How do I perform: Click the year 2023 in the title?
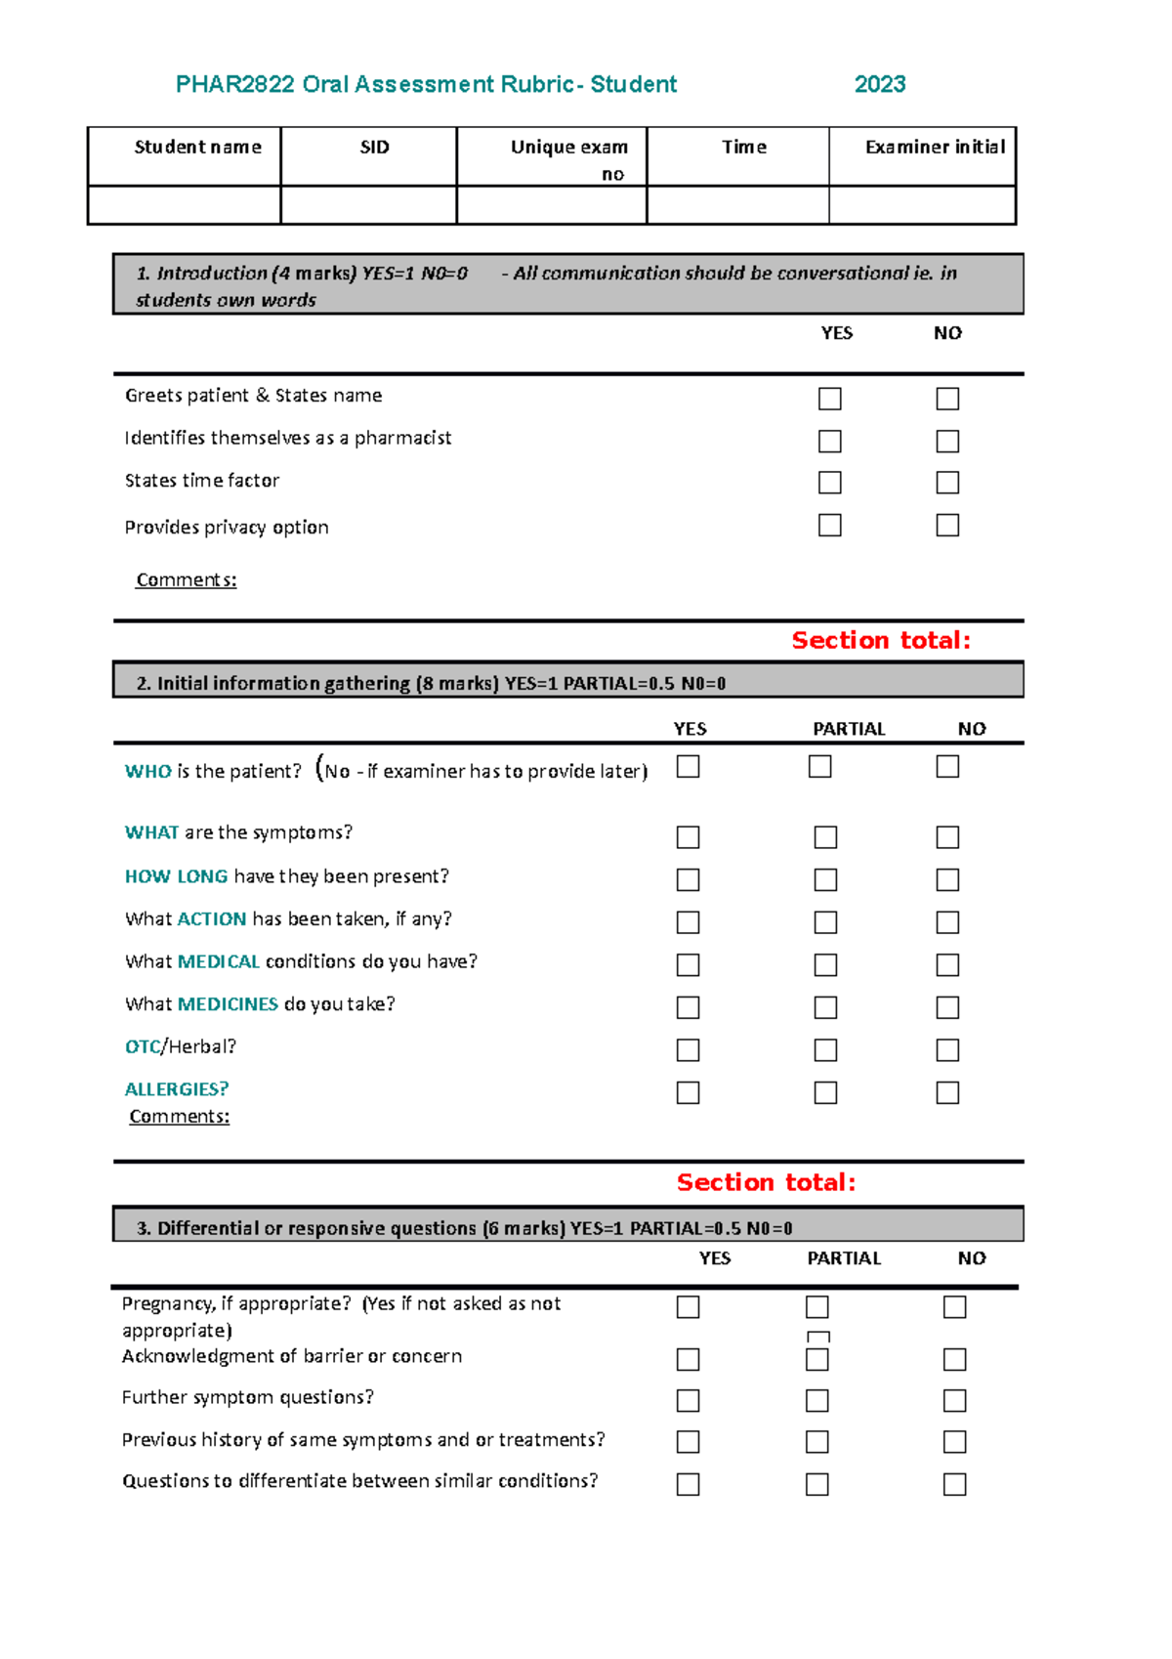click(x=879, y=85)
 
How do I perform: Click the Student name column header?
click(x=197, y=148)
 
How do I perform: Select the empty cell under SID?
click(x=368, y=205)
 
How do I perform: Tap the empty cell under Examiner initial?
click(x=922, y=205)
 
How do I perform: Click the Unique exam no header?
click(x=568, y=159)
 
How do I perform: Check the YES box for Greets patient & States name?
click(x=829, y=399)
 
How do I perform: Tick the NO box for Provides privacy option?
click(x=946, y=526)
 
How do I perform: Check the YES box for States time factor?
click(x=829, y=483)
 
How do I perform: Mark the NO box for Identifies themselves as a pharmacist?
click(x=946, y=442)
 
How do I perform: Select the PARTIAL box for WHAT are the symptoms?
click(x=825, y=837)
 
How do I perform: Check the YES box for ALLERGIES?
click(x=688, y=1092)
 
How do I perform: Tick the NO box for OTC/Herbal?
click(x=946, y=1050)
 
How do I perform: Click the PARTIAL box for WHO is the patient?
click(x=819, y=767)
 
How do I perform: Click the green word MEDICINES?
click(x=228, y=1004)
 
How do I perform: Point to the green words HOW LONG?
click(x=176, y=876)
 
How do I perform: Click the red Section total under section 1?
click(x=880, y=641)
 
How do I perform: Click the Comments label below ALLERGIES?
click(x=179, y=1117)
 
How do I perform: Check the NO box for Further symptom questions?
click(x=954, y=1401)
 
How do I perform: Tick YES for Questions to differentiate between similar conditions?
click(x=688, y=1484)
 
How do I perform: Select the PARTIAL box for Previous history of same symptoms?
click(x=816, y=1442)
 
